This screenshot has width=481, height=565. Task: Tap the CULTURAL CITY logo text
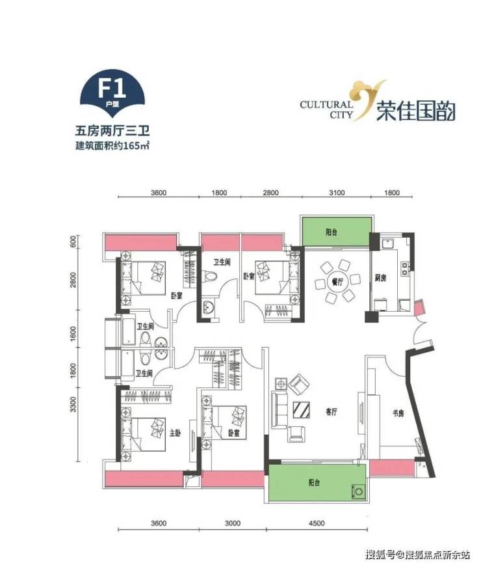pos(327,110)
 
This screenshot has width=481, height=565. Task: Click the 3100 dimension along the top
pos(337,193)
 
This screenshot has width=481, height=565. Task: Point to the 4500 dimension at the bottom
pos(317,523)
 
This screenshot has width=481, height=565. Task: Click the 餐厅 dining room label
pos(337,282)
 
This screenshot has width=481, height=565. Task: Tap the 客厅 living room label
pos(331,411)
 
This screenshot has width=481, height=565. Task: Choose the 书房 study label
pos(398,413)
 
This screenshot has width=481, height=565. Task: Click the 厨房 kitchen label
pos(380,277)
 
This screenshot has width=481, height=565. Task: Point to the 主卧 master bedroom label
pos(175,433)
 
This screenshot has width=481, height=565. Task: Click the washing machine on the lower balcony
pos(358,491)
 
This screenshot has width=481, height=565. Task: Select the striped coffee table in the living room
pos(302,409)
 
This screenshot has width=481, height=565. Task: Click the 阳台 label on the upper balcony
pos(331,232)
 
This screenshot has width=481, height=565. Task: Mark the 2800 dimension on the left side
pos(73,280)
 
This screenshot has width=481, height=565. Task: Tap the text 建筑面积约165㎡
pos(112,146)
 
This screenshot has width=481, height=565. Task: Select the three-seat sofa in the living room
pos(279,410)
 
